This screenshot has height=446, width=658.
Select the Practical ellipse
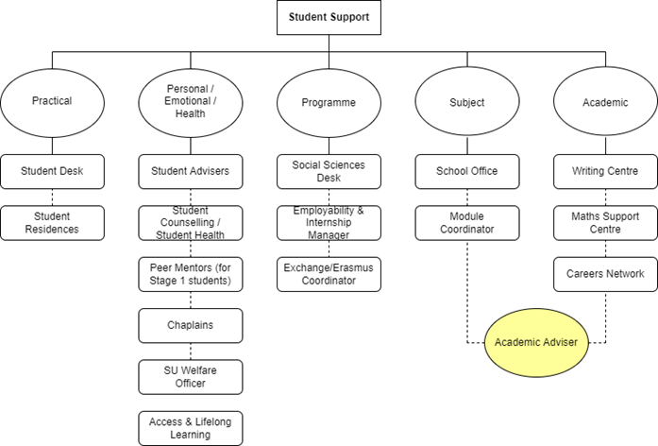tap(52, 102)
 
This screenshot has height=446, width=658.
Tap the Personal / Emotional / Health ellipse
tap(190, 102)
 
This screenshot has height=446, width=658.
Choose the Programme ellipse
tap(329, 102)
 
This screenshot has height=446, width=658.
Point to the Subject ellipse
tap(466, 102)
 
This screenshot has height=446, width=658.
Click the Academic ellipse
tap(604, 102)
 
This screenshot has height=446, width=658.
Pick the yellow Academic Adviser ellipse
tap(536, 341)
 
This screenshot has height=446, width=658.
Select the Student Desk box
tap(52, 171)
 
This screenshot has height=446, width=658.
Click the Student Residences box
tap(52, 222)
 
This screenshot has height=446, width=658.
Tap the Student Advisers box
tap(190, 171)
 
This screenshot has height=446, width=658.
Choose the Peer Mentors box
tap(190, 274)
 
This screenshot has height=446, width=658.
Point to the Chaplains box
tap(190, 325)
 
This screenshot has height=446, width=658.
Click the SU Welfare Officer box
tap(190, 376)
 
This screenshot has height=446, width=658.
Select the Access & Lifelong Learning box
tap(190, 427)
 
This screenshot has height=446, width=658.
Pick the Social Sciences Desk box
tap(329, 171)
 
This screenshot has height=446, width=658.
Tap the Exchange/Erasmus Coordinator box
tap(329, 274)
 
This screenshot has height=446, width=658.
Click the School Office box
tap(466, 171)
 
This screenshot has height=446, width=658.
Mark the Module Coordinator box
tap(466, 222)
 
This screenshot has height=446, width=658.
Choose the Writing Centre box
tap(604, 171)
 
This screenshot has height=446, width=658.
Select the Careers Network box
tap(604, 274)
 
